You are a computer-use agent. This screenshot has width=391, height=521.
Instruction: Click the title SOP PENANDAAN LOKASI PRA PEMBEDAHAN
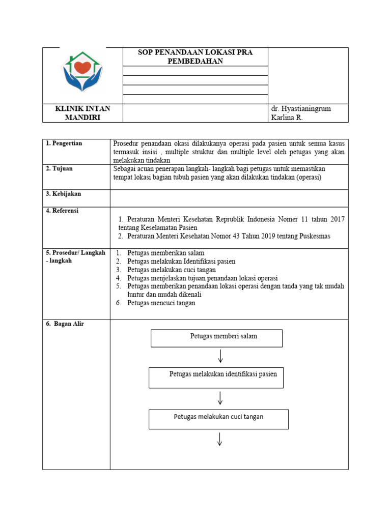[195, 57]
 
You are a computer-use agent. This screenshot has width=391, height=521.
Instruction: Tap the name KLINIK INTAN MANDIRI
[82, 113]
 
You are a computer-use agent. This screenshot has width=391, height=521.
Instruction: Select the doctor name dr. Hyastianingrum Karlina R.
[302, 113]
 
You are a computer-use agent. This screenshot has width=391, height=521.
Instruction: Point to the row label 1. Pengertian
[64, 143]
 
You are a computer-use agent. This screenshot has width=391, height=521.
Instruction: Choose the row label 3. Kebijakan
[63, 194]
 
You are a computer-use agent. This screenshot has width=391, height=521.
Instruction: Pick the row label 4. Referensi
[62, 211]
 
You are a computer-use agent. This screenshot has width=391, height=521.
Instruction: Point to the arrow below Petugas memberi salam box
[220, 356]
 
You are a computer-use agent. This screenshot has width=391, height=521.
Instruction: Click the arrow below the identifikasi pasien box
[220, 398]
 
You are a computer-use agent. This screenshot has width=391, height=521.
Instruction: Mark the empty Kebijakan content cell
[229, 198]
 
